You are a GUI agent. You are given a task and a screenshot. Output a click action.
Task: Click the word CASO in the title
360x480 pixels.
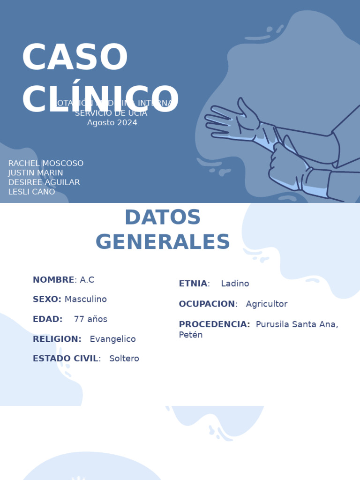point(75,58)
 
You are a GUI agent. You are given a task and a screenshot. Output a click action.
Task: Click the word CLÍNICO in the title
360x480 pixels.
point(100,99)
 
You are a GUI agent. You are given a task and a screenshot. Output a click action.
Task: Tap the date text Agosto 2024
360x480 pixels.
point(112,123)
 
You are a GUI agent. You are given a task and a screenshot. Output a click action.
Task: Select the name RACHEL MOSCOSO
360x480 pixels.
point(46,164)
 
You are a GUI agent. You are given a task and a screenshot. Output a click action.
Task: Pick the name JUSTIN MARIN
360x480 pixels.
point(36,173)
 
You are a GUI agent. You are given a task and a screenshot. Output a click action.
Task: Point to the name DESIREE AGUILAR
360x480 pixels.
point(44,182)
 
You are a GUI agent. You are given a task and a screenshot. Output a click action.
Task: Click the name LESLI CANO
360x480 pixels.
point(31,192)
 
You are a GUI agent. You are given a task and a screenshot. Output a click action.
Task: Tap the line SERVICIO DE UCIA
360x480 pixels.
point(111,113)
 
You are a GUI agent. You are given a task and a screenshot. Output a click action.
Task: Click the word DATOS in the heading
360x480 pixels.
point(162,217)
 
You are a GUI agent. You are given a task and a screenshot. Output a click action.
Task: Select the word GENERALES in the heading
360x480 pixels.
point(163,242)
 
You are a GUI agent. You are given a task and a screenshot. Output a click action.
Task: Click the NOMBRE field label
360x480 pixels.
point(53,280)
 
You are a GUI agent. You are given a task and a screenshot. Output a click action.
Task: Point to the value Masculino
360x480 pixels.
point(86,299)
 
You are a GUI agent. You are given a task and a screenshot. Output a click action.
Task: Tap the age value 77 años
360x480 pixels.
point(90,319)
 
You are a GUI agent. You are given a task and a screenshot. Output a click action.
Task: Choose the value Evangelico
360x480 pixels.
point(112,339)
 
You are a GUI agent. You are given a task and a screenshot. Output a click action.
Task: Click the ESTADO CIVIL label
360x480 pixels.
point(66,359)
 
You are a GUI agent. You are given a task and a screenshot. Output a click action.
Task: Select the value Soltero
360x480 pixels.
point(124,359)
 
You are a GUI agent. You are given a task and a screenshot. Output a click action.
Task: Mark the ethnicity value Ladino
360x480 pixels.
point(235,284)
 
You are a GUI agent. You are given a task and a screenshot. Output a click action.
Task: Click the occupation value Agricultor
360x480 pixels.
point(266,304)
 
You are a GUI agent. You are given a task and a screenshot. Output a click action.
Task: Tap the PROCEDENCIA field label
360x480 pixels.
point(214,324)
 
